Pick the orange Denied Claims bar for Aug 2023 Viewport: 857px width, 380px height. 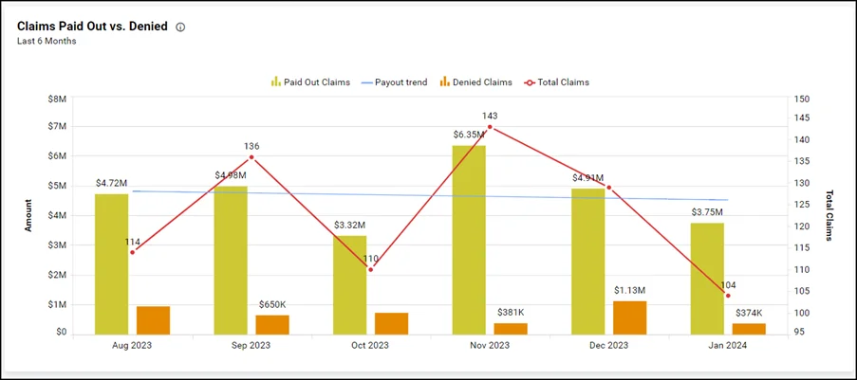153,320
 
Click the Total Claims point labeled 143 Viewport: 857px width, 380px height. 490,127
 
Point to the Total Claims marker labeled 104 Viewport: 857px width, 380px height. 728,296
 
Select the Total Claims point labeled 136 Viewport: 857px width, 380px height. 252,157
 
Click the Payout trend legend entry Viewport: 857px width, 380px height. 394,82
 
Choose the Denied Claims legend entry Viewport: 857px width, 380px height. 472,82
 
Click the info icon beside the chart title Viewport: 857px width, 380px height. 180,27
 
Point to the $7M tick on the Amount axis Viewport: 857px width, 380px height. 57,127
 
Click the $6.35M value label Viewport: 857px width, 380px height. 469,135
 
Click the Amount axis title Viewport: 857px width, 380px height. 28,215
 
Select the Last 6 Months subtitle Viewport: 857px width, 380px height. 47,42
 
